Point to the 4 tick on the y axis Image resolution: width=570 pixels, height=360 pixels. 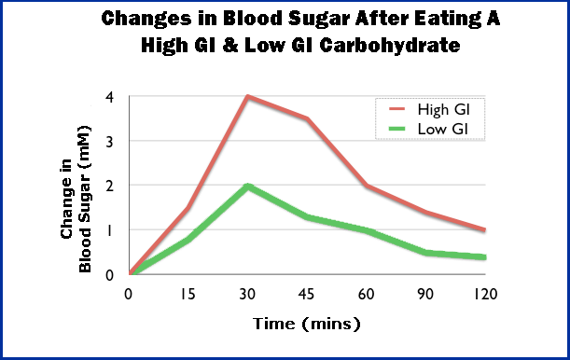[110, 97]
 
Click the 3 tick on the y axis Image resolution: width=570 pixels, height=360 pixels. [110, 141]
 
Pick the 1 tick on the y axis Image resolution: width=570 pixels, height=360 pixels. [110, 229]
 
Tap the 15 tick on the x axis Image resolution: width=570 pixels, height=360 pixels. [189, 294]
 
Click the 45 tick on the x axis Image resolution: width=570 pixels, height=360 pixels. [307, 294]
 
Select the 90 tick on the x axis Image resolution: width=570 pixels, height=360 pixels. [425, 294]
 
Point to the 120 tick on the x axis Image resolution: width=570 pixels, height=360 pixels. [484, 294]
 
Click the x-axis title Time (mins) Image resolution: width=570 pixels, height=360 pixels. [306, 325]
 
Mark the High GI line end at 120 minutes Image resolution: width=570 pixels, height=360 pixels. [484, 229]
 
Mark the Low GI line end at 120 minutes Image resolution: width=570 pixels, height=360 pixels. [484, 256]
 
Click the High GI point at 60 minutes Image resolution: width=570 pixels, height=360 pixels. [367, 186]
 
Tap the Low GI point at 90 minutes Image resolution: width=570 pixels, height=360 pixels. [425, 252]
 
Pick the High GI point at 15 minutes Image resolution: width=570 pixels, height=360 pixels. [189, 208]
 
